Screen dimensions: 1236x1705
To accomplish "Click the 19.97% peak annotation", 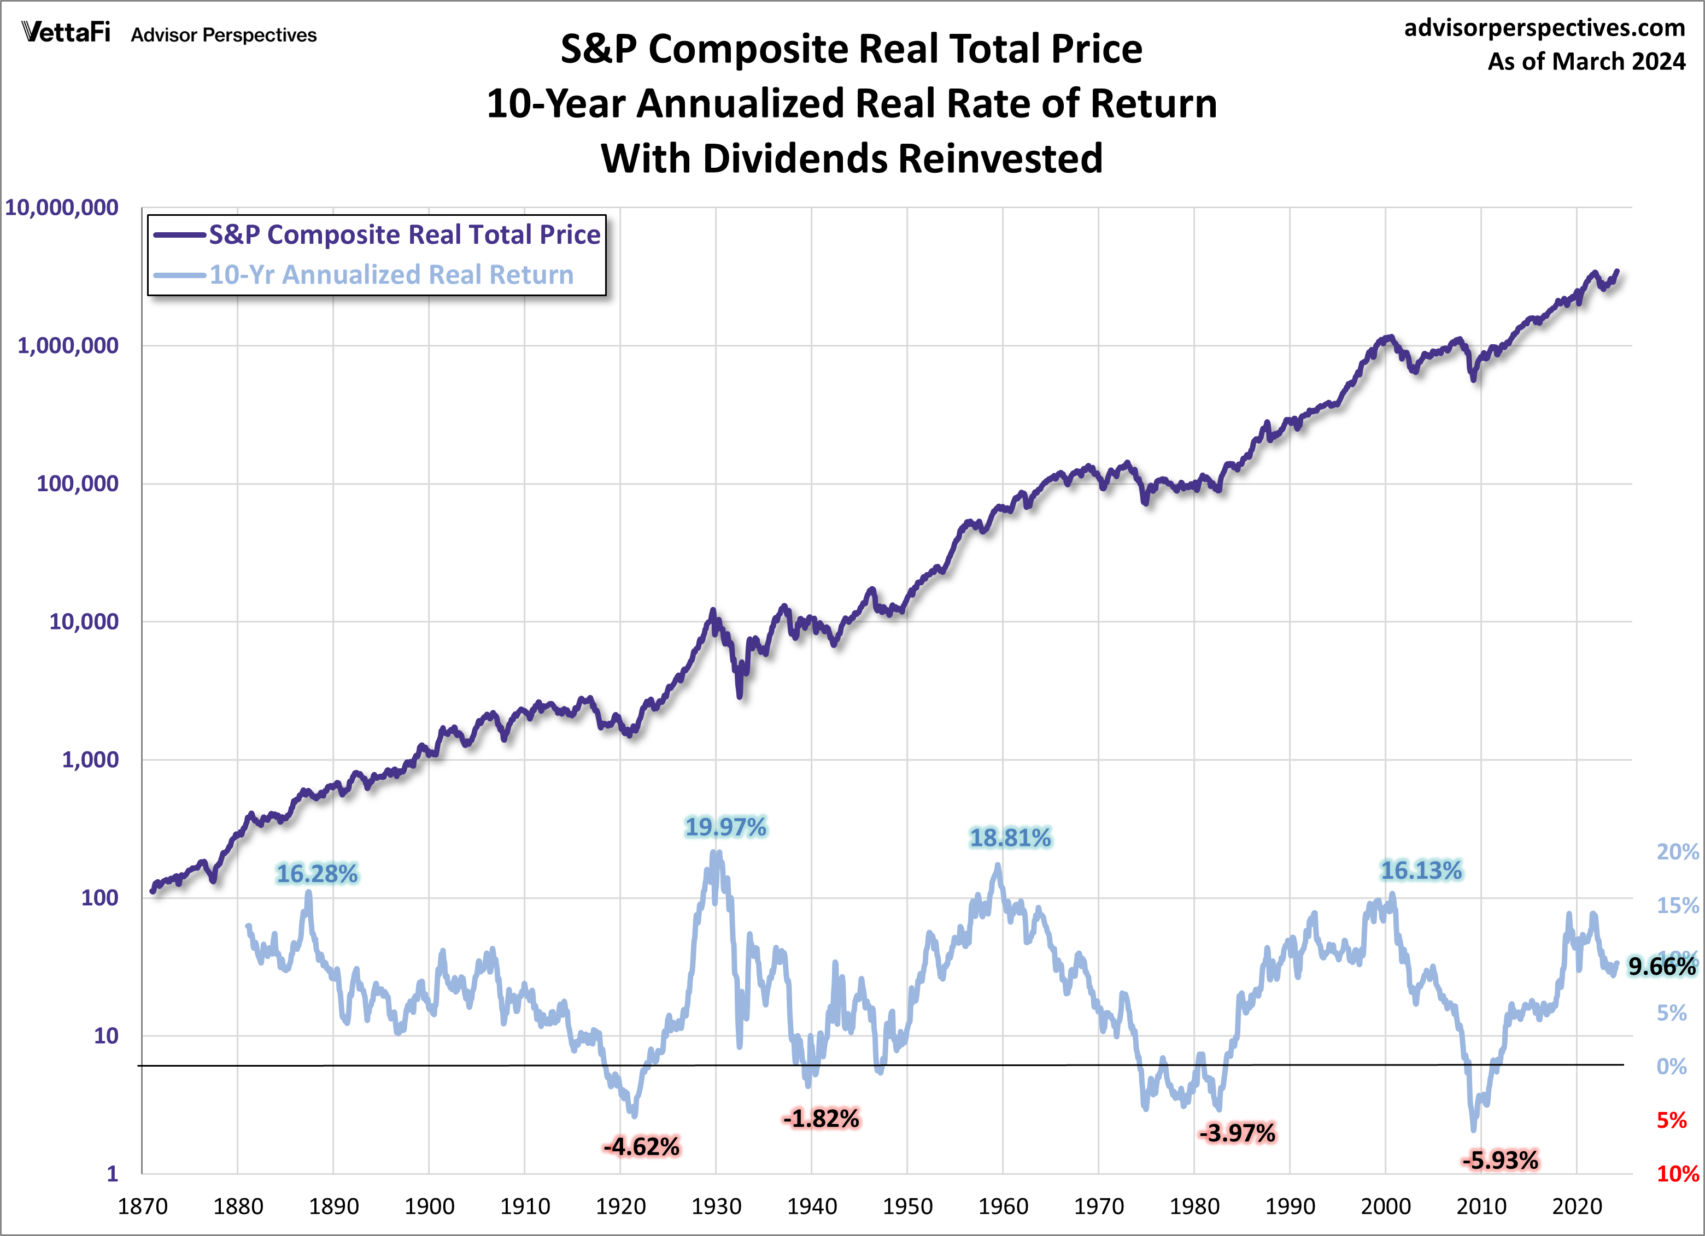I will pos(725,827).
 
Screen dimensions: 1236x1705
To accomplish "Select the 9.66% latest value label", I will pos(1661,966).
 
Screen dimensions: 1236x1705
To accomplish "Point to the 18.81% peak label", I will pos(1010,838).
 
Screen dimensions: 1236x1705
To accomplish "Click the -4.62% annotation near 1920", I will pos(641,1146).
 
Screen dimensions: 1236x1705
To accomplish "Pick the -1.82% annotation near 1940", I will pos(821,1119).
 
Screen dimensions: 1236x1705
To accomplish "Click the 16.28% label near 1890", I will pos(317,874).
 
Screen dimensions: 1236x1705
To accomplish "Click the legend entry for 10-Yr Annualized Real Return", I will pos(391,275).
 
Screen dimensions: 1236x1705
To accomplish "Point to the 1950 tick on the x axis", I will pos(907,1206).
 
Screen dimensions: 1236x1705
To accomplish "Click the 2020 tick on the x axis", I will pos(1577,1206).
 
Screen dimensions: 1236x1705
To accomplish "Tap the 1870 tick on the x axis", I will pos(143,1206).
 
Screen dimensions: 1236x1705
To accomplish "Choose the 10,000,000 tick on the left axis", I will pos(62,208).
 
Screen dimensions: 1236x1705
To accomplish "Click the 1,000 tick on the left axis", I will pos(90,760).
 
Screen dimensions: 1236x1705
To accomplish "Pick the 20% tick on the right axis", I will pos(1677,852).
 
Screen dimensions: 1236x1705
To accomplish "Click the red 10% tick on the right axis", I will pos(1677,1174).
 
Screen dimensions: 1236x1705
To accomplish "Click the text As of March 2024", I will pos(1586,62).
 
